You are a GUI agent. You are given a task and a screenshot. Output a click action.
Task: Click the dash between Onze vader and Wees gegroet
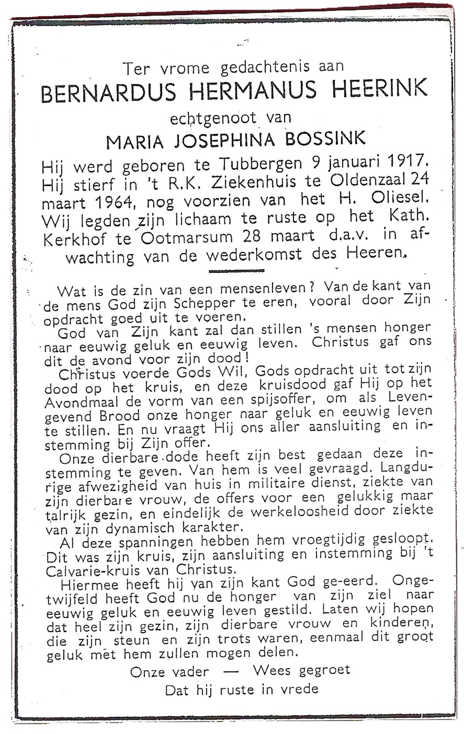[231, 672]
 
